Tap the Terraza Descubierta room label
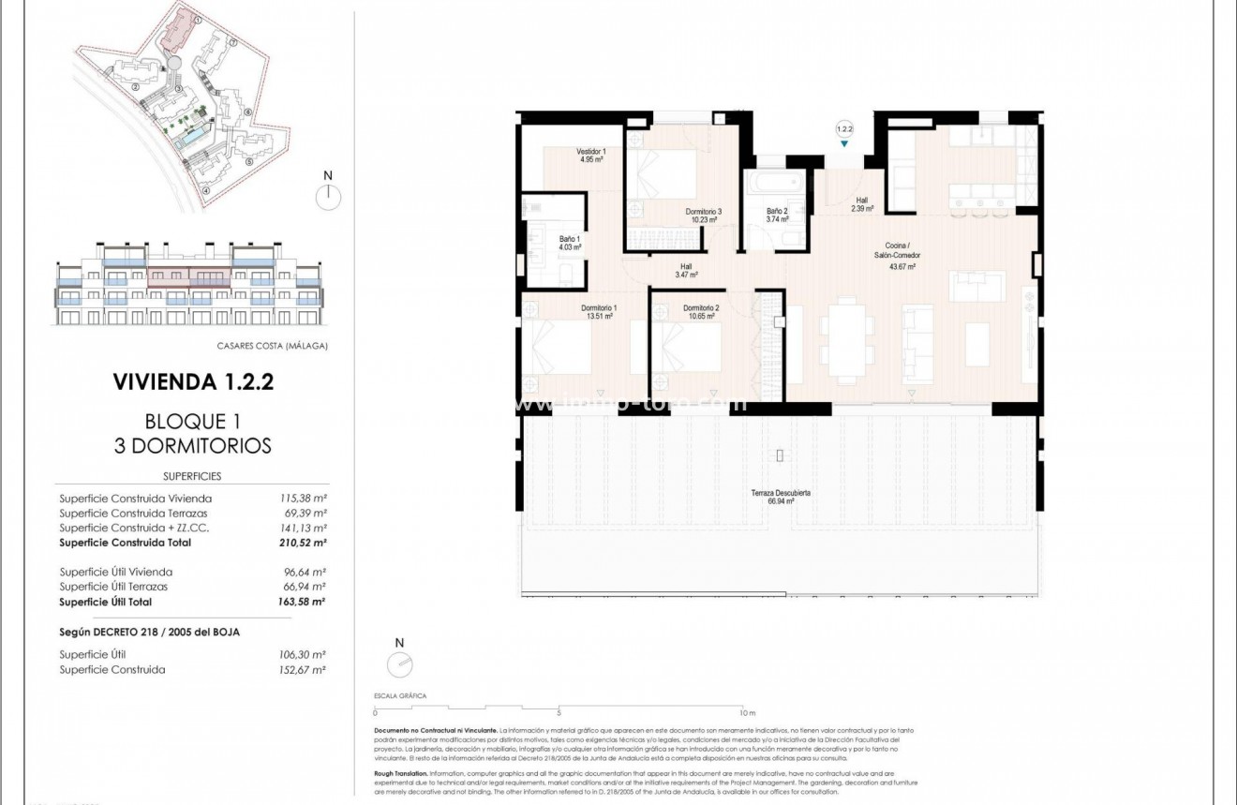pos(780,497)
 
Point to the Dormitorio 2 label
pos(701,312)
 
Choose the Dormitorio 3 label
pos(703,216)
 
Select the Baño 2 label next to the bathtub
pos(777,216)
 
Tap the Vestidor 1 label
pos(590,156)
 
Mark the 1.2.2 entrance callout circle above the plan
pos(844,128)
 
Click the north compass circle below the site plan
pos(328,197)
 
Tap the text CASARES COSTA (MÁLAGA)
pos(272,346)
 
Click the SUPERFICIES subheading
pos(192,476)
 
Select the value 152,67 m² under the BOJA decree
pos(306,670)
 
